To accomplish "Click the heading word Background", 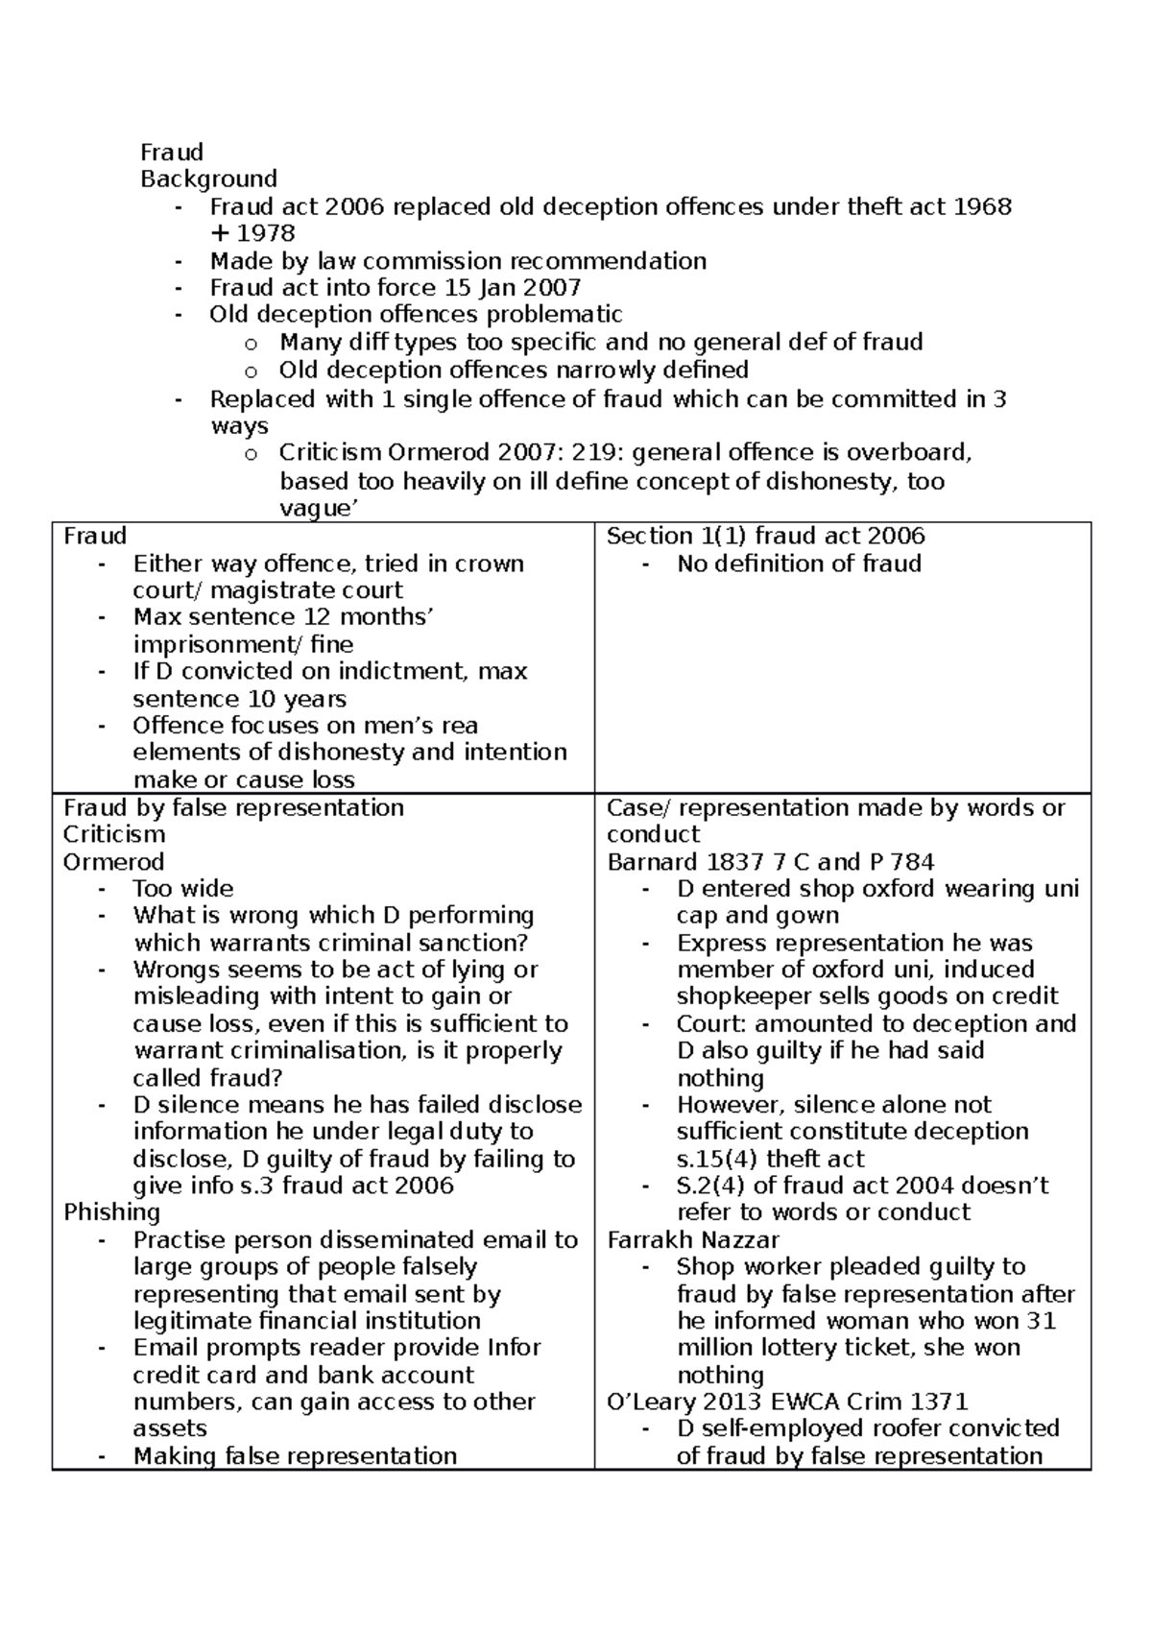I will (x=208, y=179).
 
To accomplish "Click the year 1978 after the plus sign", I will (x=266, y=233).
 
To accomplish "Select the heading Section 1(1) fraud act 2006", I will (x=765, y=536).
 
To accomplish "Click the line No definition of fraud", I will (x=799, y=563).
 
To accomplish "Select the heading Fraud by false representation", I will (x=233, y=807).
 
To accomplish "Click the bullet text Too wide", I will (x=182, y=888).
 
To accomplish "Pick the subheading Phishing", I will (x=111, y=1212).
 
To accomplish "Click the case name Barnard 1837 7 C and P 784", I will (x=770, y=862).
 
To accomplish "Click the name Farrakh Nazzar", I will (x=693, y=1239).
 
